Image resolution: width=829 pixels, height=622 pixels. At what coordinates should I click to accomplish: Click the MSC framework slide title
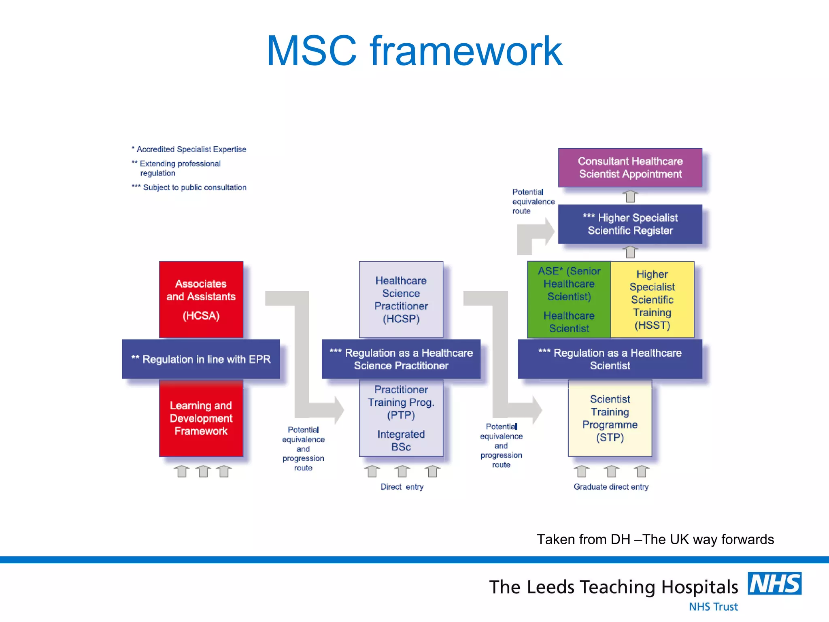pyautogui.click(x=414, y=51)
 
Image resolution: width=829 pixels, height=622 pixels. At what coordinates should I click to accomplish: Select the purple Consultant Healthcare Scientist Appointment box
pyautogui.click(x=630, y=168)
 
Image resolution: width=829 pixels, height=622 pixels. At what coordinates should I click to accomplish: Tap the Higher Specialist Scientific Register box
pyautogui.click(x=630, y=224)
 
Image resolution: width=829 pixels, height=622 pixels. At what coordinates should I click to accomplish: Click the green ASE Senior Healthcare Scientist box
pyautogui.click(x=569, y=299)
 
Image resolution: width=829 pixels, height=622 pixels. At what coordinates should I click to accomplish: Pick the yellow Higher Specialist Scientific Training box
pyautogui.click(x=652, y=299)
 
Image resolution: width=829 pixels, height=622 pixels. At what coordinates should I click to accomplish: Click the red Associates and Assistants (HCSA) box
pyautogui.click(x=201, y=299)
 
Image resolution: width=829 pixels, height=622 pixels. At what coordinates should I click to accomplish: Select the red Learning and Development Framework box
pyautogui.click(x=201, y=418)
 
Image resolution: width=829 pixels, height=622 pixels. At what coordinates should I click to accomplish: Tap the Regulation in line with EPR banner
pyautogui.click(x=201, y=359)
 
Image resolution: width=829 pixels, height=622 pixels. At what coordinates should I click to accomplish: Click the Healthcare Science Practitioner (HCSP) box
pyautogui.click(x=401, y=299)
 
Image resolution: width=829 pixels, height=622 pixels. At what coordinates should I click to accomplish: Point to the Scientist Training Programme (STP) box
pyautogui.click(x=610, y=418)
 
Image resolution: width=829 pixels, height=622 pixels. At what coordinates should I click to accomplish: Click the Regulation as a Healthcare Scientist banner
pyautogui.click(x=610, y=359)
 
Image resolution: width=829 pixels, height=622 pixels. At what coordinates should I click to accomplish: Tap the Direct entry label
pyautogui.click(x=402, y=487)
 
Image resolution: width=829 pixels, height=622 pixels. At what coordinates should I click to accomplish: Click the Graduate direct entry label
pyautogui.click(x=611, y=487)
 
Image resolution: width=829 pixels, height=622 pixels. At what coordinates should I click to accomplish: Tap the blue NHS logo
pyautogui.click(x=774, y=584)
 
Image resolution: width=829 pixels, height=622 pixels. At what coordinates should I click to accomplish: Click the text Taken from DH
pyautogui.click(x=655, y=539)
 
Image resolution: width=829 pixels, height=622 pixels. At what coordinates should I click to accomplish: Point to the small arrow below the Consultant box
pyautogui.click(x=630, y=196)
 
